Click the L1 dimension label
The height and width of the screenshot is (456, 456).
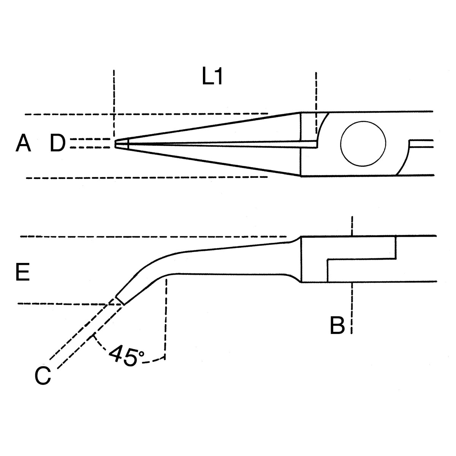212,76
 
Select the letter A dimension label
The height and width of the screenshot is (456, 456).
23,143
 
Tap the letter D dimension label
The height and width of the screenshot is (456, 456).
57,143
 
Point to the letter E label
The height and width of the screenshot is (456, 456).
22,272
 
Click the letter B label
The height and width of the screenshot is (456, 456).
337,325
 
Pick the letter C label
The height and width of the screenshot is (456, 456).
43,375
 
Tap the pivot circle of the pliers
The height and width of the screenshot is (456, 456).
363,144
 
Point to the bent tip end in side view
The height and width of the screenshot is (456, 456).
120,300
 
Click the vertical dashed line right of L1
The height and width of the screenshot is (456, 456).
316,103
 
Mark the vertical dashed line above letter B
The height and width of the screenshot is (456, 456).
352,226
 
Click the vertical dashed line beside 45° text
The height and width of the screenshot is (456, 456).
166,319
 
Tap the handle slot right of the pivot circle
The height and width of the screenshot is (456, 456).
421,144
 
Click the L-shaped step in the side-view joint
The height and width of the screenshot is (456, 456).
361,259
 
